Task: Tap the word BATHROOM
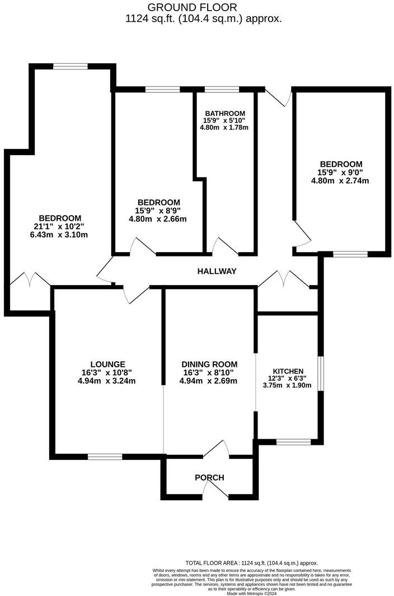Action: (x=224, y=113)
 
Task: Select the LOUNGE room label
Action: (x=108, y=364)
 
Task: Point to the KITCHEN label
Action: (x=288, y=371)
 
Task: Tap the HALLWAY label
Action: (x=217, y=271)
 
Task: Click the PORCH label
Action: (x=209, y=478)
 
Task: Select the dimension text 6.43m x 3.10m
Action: (x=60, y=235)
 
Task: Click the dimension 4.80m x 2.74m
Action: (x=340, y=181)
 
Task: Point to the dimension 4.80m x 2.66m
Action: (x=158, y=218)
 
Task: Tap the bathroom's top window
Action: (x=222, y=89)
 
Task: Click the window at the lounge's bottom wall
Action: (x=105, y=457)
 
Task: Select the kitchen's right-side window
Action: (x=321, y=373)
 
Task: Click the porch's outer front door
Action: (x=215, y=490)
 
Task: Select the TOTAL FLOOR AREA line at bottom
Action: (x=251, y=563)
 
